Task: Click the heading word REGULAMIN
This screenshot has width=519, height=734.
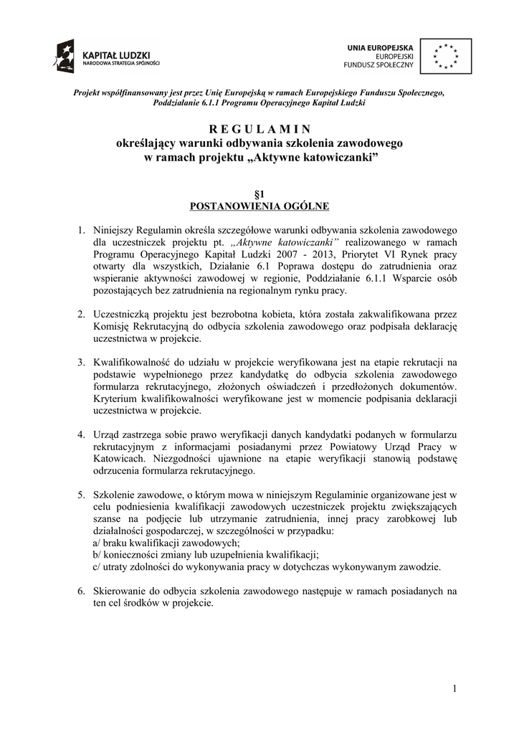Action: click(259, 130)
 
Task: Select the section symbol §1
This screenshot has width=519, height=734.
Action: click(259, 194)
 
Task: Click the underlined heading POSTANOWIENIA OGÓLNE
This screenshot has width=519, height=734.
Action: click(259, 206)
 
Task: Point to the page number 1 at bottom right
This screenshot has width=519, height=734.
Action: click(454, 690)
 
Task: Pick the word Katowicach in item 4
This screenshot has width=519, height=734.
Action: click(118, 459)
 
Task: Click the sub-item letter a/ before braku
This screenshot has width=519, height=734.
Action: click(98, 543)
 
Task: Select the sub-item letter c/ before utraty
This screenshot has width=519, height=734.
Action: click(97, 566)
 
